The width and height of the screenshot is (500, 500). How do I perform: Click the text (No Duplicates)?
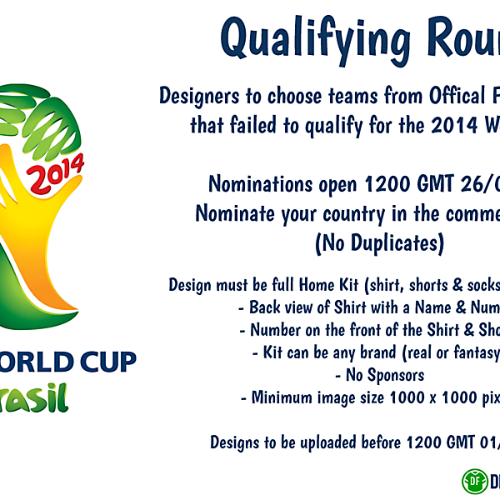coord(379,243)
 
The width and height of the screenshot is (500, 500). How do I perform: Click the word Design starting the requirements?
coord(191,284)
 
